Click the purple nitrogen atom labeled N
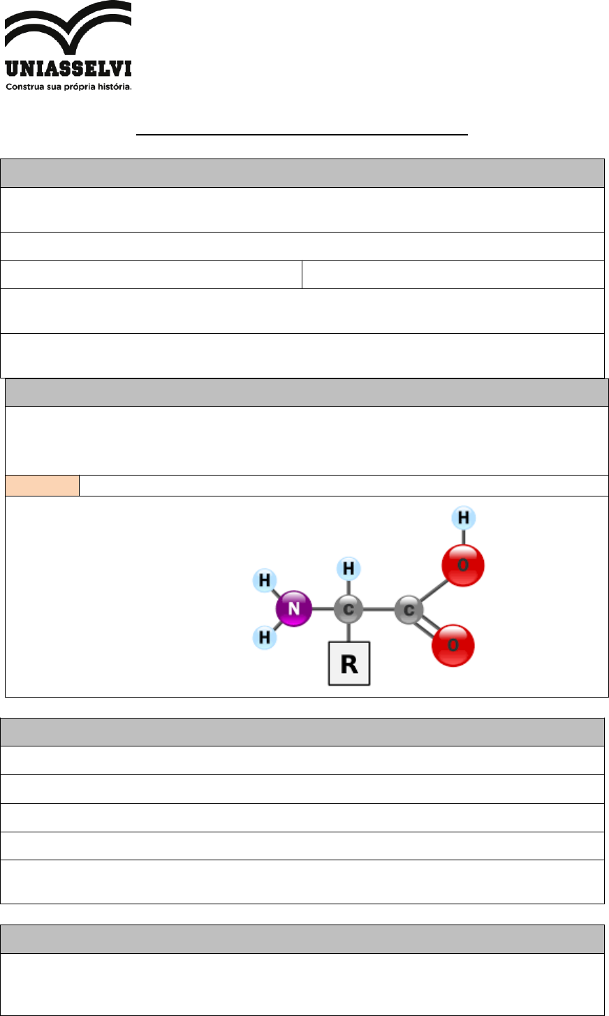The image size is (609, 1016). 293,609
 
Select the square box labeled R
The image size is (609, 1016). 349,663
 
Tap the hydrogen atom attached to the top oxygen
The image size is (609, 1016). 463,518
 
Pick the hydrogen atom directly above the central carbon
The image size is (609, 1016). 348,569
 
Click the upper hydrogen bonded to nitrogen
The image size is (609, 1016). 265,580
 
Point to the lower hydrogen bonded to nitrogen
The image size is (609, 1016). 265,637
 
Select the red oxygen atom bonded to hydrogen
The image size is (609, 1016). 462,565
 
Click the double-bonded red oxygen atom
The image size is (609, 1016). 453,645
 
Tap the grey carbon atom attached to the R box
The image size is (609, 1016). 348,610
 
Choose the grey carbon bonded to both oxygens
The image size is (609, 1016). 409,610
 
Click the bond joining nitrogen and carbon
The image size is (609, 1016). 321,610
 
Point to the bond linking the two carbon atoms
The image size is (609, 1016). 378,610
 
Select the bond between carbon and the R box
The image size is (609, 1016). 348,632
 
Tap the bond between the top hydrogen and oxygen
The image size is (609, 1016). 463,536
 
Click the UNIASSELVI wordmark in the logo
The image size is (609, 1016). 68,69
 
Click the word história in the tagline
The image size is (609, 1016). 114,87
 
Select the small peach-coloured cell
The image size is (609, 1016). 43,485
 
